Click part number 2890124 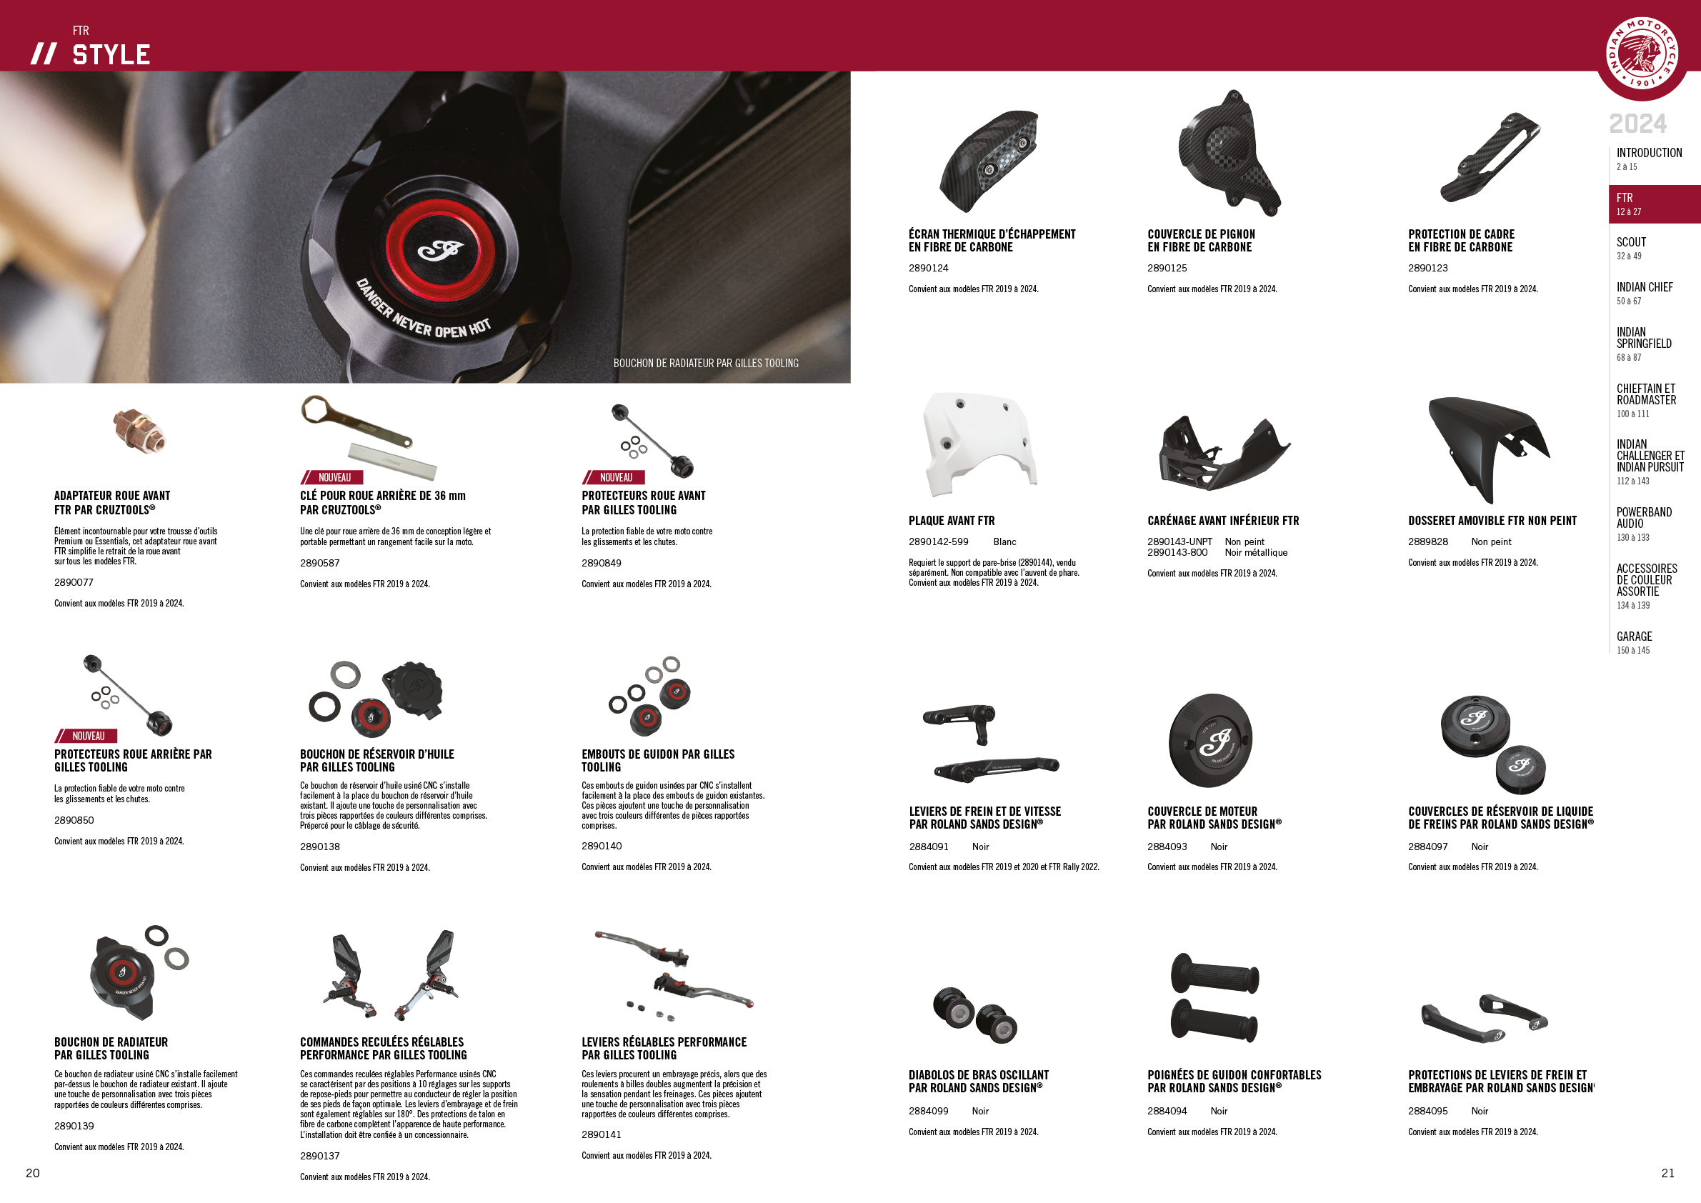(x=928, y=268)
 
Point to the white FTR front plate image (x=979, y=444)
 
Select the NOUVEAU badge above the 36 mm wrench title (x=332, y=478)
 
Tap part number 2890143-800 (x=1177, y=553)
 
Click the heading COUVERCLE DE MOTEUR (x=1202, y=811)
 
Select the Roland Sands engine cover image (x=1210, y=740)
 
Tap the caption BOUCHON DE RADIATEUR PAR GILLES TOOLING (x=705, y=363)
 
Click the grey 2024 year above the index (x=1637, y=123)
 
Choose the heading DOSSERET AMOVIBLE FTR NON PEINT (x=1492, y=521)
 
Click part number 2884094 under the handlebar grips (x=1167, y=1111)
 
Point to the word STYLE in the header (x=111, y=55)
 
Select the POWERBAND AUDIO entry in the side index (x=1643, y=518)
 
